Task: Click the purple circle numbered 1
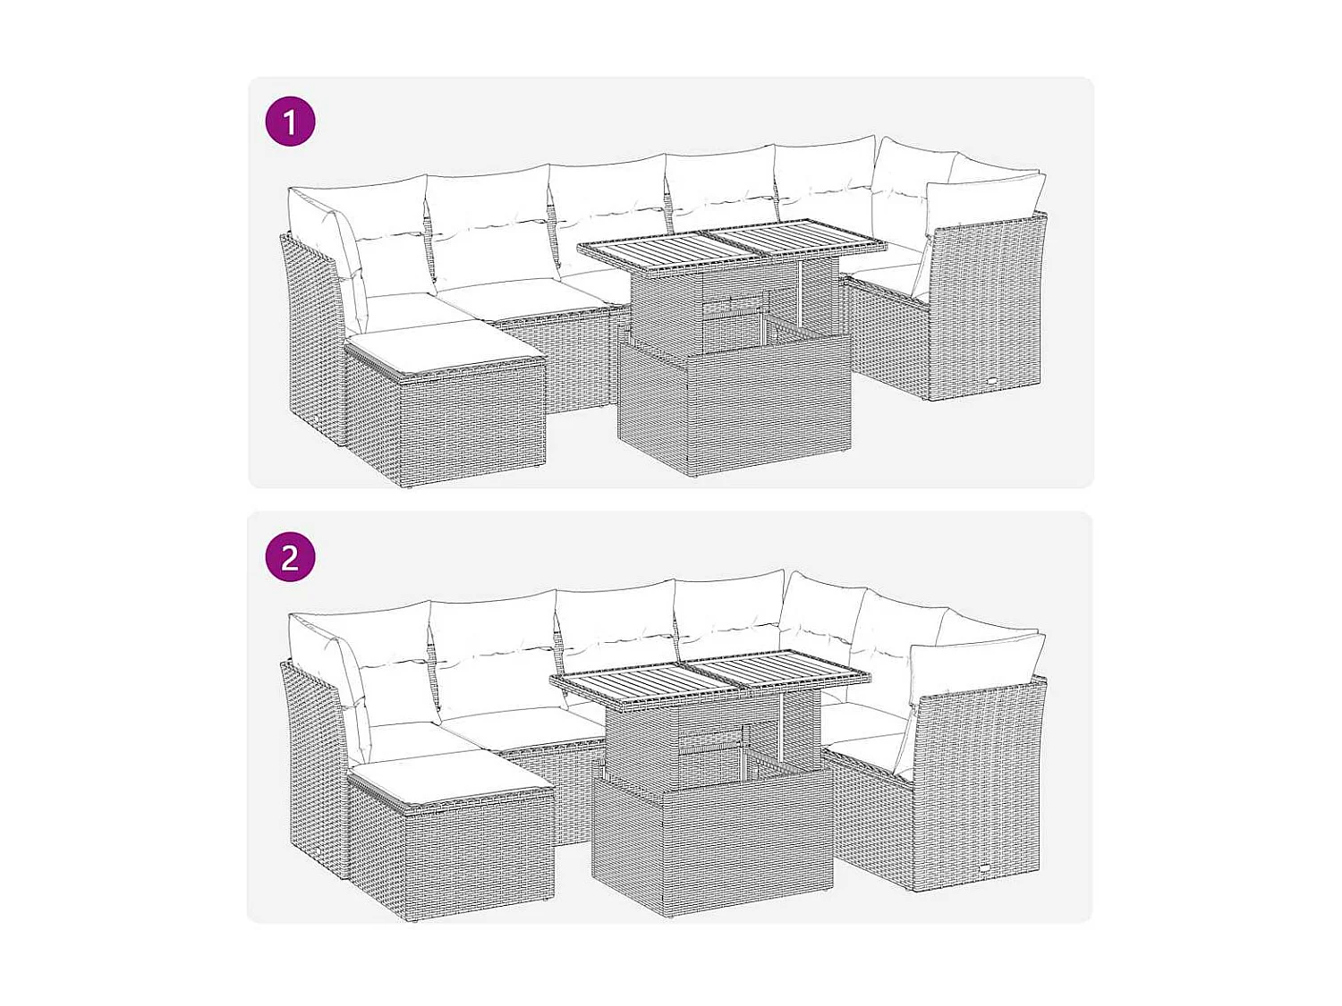291,122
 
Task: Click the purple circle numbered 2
291,557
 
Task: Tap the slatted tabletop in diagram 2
711,677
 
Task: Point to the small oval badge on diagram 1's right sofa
995,382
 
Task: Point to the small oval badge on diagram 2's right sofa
984,869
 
